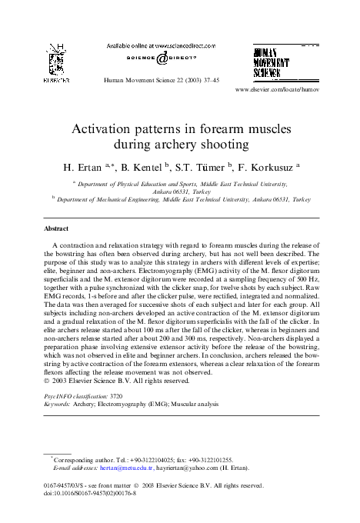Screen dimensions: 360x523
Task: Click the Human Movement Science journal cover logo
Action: [x=278, y=62]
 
